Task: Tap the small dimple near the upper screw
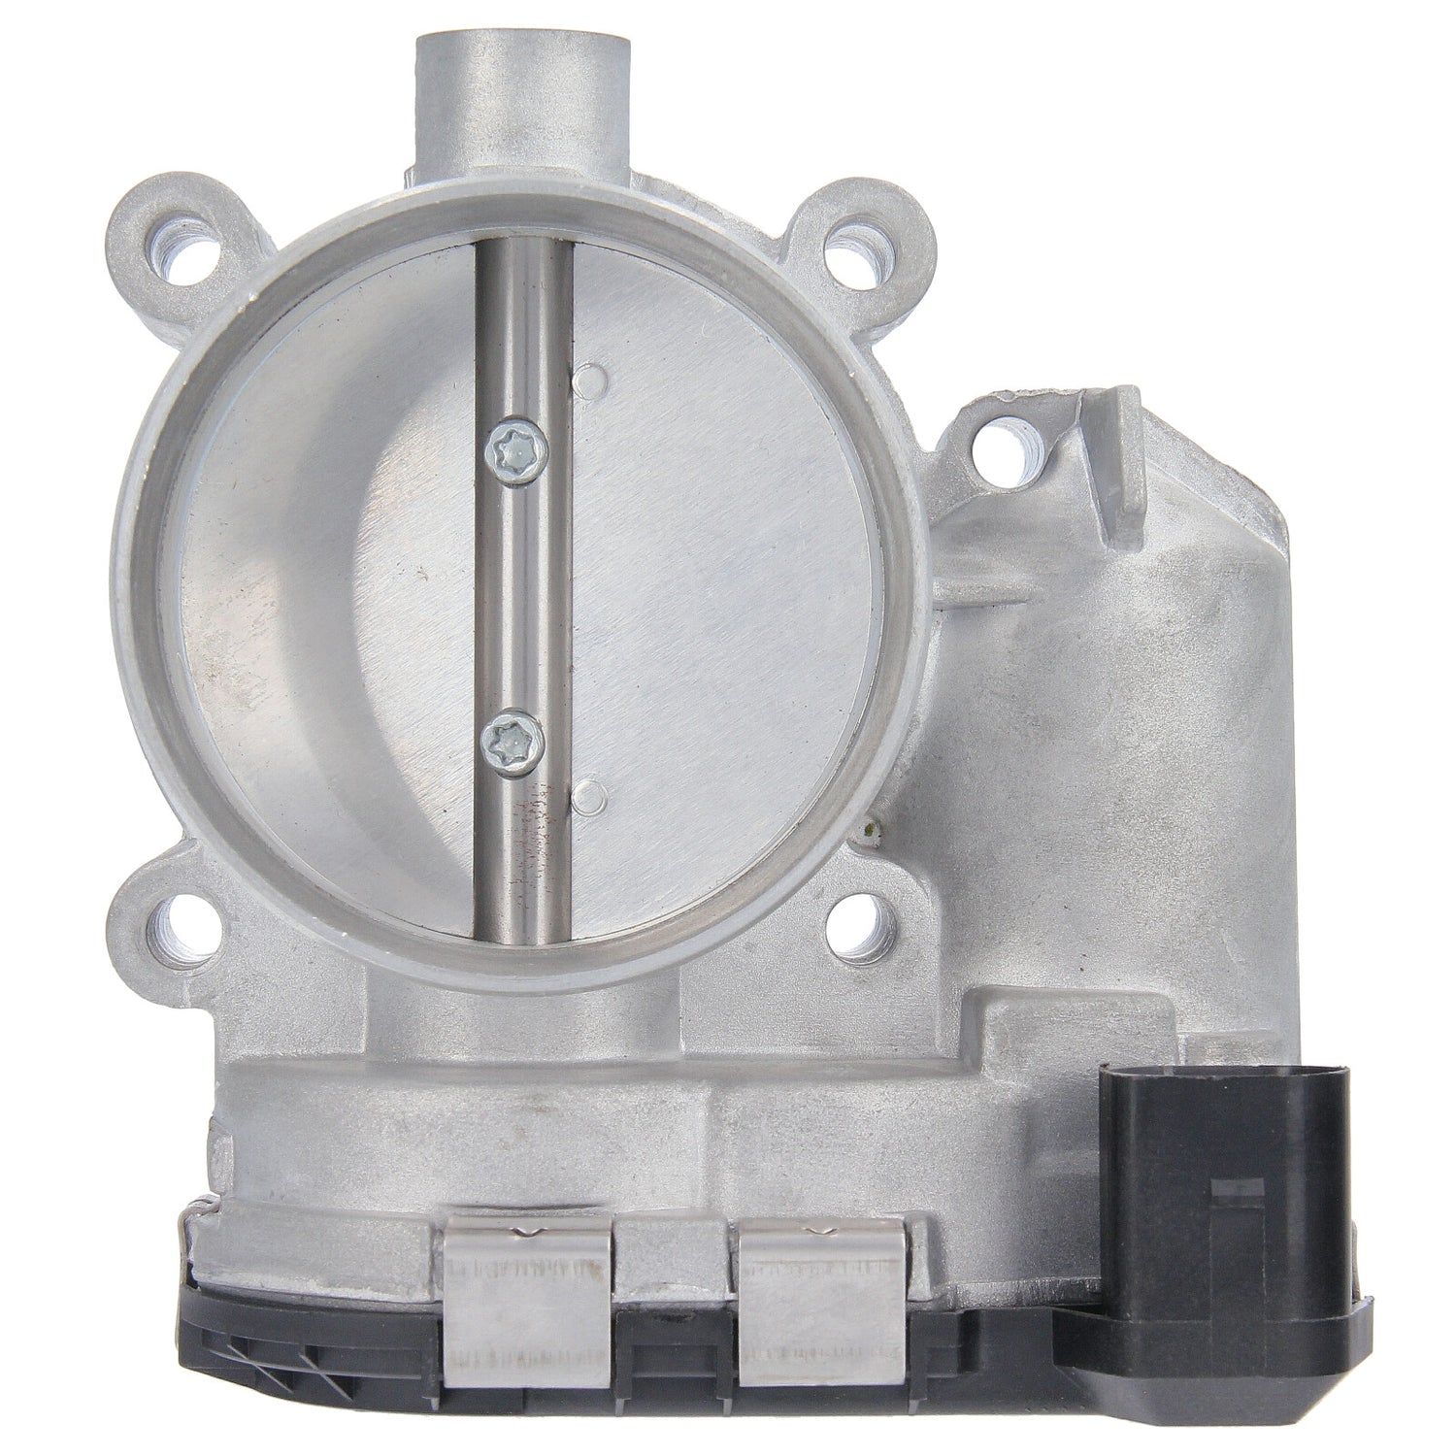click(585, 381)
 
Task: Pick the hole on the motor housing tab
click(999, 452)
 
